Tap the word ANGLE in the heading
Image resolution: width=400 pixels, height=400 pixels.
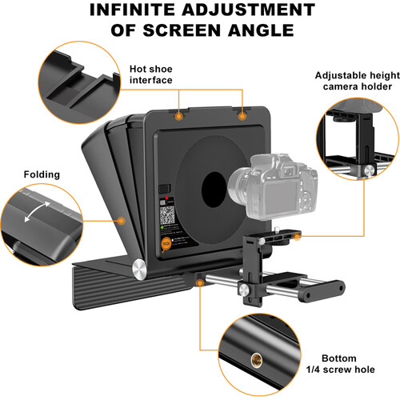click(x=261, y=30)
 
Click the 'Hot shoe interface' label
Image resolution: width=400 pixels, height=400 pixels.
click(x=151, y=74)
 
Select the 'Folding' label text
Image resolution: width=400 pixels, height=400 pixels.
click(x=42, y=174)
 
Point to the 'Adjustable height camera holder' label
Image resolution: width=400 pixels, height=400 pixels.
click(x=358, y=81)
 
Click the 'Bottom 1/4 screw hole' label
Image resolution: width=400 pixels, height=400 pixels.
click(x=340, y=364)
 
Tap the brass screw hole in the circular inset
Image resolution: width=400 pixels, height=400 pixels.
click(x=257, y=360)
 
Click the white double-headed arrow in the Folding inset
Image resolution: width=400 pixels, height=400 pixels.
click(x=38, y=212)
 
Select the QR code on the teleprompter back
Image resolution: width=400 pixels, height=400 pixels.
click(x=167, y=215)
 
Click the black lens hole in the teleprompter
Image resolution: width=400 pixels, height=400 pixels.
click(x=214, y=190)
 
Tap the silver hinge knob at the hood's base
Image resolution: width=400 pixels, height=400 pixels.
click(x=139, y=269)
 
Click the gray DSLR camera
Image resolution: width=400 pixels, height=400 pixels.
click(x=273, y=186)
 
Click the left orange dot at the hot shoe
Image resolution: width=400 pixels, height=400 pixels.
click(x=179, y=116)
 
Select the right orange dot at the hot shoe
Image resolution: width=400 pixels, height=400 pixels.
click(x=242, y=116)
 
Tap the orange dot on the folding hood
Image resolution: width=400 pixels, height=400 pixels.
click(x=122, y=221)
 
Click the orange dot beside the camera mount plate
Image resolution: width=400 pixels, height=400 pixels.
click(x=297, y=236)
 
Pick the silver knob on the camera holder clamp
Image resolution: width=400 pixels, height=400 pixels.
click(x=243, y=290)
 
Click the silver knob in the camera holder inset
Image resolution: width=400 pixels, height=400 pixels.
click(x=370, y=170)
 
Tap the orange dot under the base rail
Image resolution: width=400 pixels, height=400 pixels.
click(x=200, y=282)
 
